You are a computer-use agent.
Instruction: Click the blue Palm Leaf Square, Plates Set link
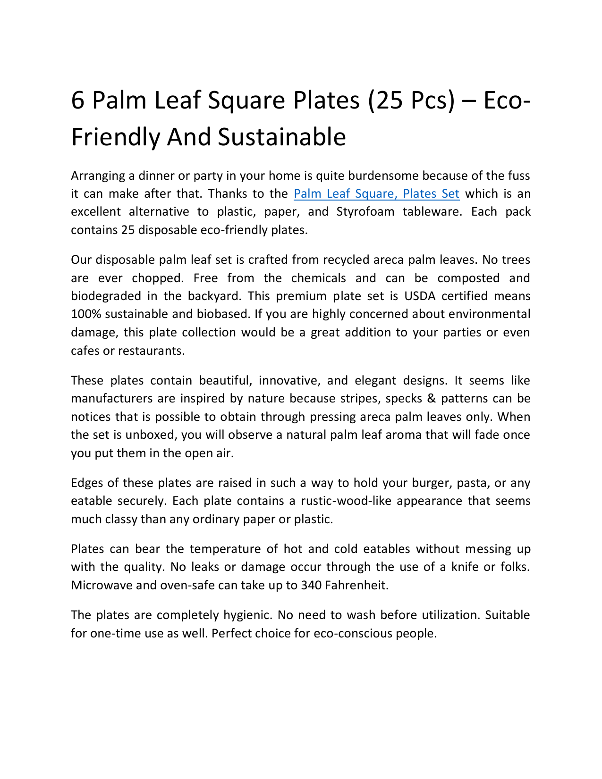click(x=376, y=193)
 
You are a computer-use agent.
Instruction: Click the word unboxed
click(x=150, y=435)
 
